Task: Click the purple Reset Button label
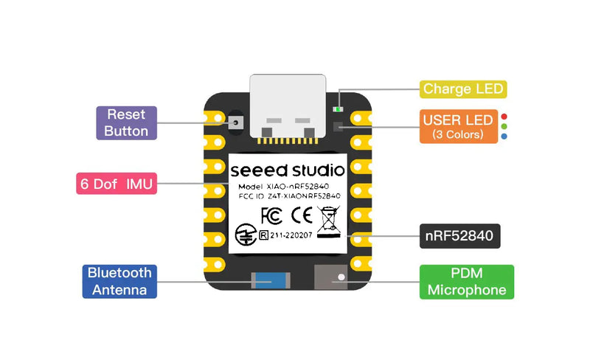pyautogui.click(x=127, y=123)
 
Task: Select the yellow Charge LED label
pyautogui.click(x=463, y=89)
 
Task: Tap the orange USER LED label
pyautogui.click(x=458, y=126)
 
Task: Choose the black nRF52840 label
pyautogui.click(x=460, y=237)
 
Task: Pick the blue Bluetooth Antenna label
pyautogui.click(x=119, y=281)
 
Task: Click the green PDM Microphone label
pyautogui.click(x=467, y=281)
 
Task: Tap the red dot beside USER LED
pyautogui.click(x=504, y=117)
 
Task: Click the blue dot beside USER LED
pyautogui.click(x=504, y=136)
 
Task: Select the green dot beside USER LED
pyautogui.click(x=504, y=126)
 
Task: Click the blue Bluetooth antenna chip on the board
pyautogui.click(x=271, y=281)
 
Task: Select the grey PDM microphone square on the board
pyautogui.click(x=330, y=278)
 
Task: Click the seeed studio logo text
pyautogui.click(x=286, y=169)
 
